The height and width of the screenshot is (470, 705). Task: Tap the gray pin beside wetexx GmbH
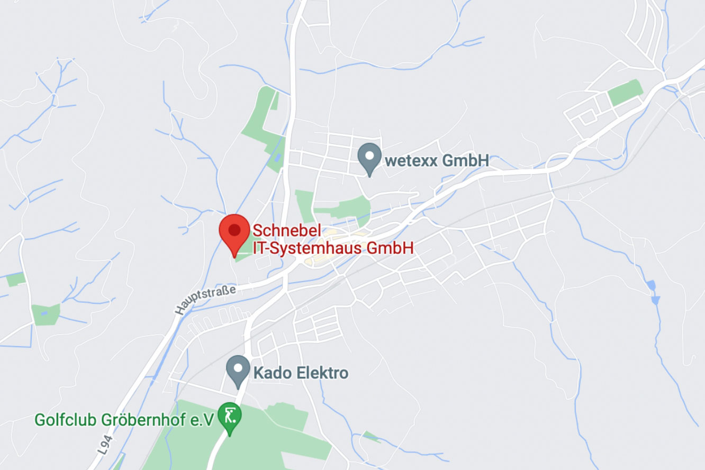(x=369, y=157)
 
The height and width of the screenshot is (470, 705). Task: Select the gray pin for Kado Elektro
(x=238, y=369)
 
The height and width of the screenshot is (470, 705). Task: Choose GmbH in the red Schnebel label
(x=390, y=248)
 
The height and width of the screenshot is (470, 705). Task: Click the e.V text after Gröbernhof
(x=202, y=420)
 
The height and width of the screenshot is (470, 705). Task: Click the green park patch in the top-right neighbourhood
(x=625, y=92)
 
